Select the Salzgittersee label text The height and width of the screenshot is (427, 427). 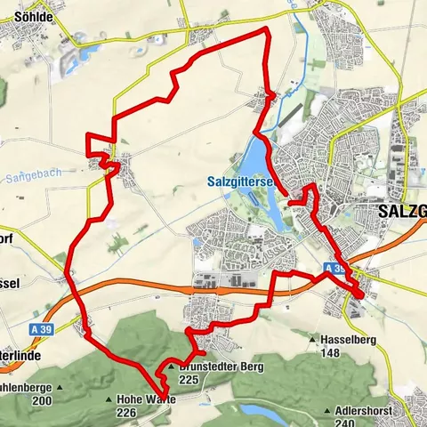(233, 181)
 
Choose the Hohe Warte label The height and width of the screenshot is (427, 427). (146, 399)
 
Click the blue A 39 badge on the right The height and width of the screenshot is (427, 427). (334, 268)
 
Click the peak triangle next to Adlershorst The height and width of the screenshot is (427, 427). (332, 411)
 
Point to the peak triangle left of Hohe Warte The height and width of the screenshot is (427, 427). (109, 399)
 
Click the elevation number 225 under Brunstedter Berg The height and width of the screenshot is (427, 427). (187, 379)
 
